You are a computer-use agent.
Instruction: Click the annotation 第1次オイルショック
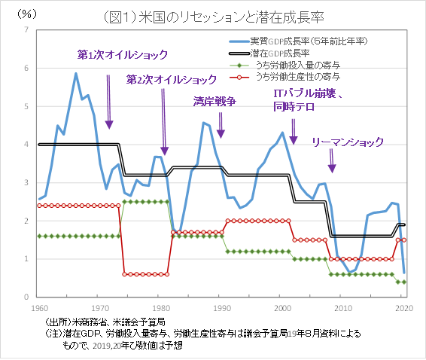point(122,55)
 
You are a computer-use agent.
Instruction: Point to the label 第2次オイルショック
point(170,79)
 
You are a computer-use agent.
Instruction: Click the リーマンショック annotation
point(348,141)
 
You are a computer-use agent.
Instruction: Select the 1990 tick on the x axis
point(221,307)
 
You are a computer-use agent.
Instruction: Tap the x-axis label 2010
point(342,307)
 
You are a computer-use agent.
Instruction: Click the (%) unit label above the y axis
point(27,13)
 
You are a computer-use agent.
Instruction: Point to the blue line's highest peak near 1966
point(76,73)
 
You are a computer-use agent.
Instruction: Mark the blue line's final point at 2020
point(404,272)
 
